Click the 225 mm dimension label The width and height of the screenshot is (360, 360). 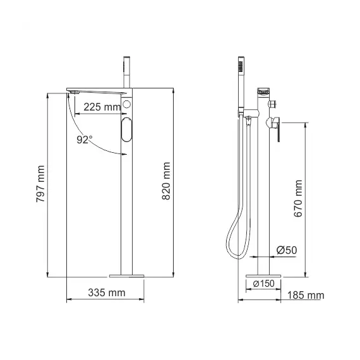(101, 107)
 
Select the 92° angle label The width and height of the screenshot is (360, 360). (85, 139)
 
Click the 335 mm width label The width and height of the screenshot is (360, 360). (106, 292)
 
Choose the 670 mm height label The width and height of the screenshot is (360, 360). (298, 198)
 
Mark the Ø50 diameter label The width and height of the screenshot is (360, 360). (287, 251)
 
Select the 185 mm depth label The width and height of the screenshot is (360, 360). (305, 295)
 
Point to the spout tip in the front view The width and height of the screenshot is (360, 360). (71, 93)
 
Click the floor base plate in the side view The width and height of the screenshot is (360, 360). (261, 275)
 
